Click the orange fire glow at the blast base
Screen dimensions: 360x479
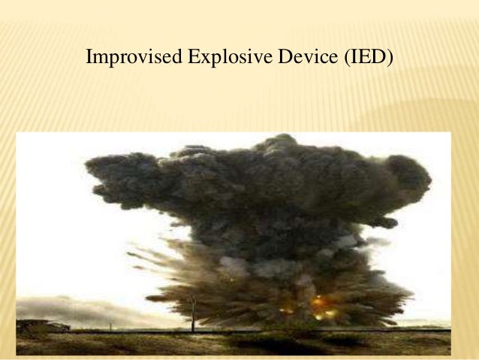click(321, 304)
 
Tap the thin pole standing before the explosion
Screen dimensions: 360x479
click(193, 311)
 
